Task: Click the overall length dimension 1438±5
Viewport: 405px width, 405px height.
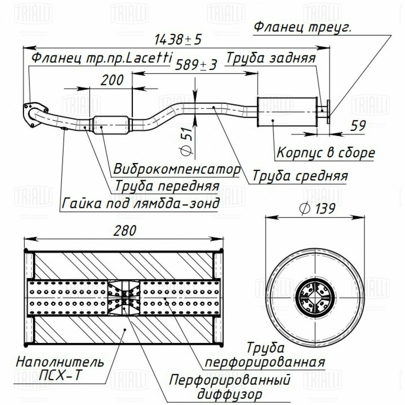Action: coord(178,39)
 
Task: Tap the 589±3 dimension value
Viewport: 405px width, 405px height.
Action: coord(196,64)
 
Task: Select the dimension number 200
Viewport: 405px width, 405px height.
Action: coord(112,80)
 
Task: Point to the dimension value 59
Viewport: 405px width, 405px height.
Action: coord(358,126)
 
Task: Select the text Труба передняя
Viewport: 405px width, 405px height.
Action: coord(167,186)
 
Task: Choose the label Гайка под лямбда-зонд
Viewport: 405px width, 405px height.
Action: coord(141,203)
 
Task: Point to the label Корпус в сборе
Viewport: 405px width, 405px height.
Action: coord(326,152)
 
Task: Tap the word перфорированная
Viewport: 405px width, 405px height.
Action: coord(265,361)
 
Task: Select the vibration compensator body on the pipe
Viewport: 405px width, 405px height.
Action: coord(111,125)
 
